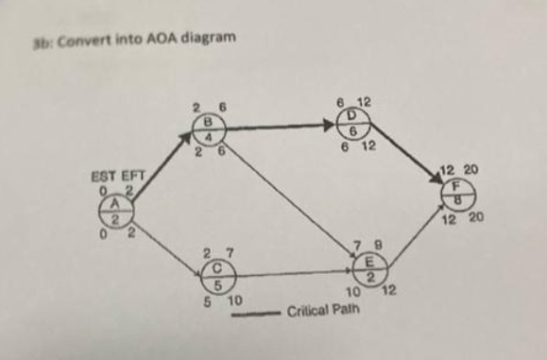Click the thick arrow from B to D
pos(279,126)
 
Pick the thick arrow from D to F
pos(407,160)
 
